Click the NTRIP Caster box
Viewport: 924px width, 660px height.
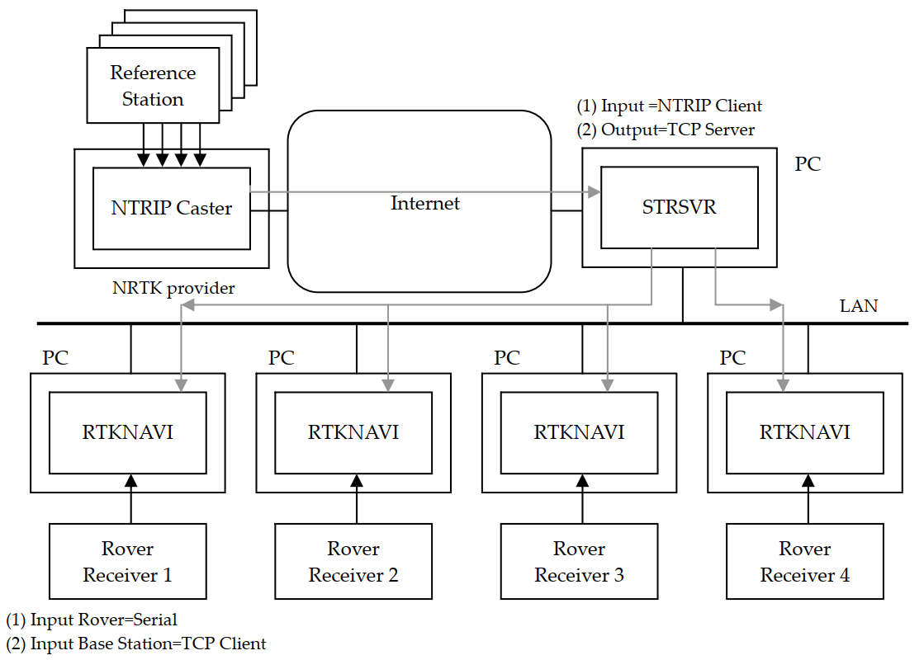(x=172, y=208)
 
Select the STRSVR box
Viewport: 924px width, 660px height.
(x=679, y=207)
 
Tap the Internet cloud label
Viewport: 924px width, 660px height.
(x=424, y=203)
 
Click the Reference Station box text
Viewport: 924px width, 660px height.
(x=153, y=86)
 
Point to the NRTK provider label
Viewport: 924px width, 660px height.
(x=173, y=288)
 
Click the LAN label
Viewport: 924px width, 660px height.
(x=858, y=306)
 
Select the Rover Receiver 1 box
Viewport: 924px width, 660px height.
(x=127, y=562)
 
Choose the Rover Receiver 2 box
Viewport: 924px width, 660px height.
(x=353, y=562)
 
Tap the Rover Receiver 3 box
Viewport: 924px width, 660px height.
(x=580, y=562)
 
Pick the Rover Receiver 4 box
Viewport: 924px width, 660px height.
(x=805, y=562)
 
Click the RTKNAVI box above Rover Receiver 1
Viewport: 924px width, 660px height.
(x=127, y=432)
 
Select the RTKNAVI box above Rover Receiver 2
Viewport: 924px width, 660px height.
(x=353, y=432)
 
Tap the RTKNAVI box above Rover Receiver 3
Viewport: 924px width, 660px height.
(x=580, y=432)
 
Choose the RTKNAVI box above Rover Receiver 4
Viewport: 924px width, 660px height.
(x=805, y=432)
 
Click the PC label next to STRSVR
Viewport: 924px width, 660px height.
(x=808, y=163)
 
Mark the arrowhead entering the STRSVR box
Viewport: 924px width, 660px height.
(x=594, y=192)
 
